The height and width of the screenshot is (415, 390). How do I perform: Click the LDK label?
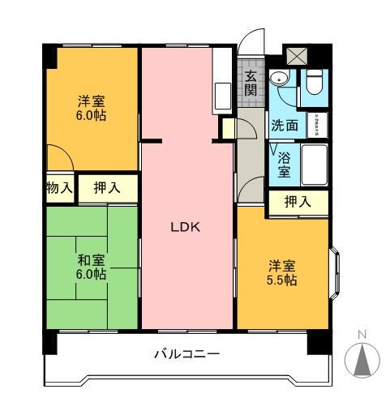[x=185, y=228]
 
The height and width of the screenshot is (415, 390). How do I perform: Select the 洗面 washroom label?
[x=285, y=126]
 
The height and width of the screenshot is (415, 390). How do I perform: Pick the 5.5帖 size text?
[x=283, y=280]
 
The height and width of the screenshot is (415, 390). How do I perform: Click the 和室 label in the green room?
[x=91, y=260]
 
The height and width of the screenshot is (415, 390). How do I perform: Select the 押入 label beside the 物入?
[x=108, y=188]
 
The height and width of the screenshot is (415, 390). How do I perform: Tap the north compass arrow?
[x=362, y=357]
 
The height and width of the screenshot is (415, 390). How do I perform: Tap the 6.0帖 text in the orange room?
[x=91, y=115]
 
